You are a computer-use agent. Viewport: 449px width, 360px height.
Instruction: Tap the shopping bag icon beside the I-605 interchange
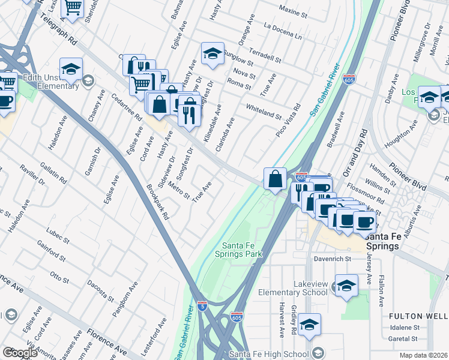coord(275,179)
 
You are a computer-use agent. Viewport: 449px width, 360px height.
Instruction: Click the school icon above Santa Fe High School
coord(309,325)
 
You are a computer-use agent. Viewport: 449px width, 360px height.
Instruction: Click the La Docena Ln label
coord(283,30)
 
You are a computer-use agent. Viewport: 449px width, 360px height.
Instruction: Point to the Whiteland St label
coord(264,111)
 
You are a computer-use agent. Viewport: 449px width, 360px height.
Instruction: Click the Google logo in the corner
coord(20,353)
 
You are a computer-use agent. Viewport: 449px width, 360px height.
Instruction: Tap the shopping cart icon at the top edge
coord(73,8)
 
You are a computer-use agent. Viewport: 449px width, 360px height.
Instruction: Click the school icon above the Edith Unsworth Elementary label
coord(71,69)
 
